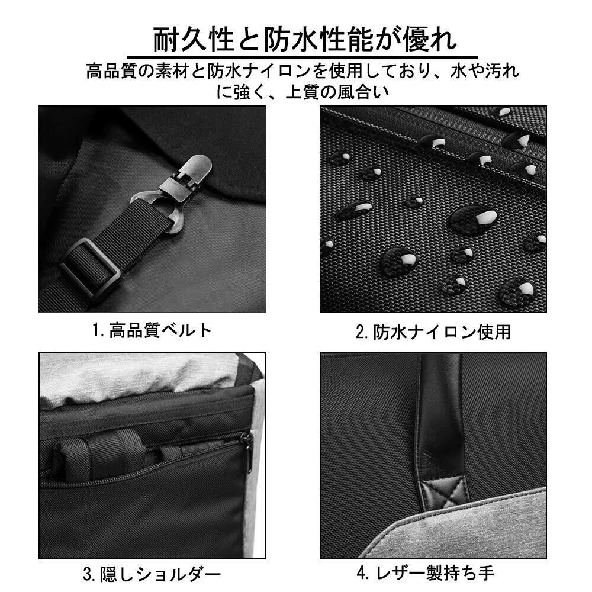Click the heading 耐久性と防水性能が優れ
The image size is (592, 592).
point(305,40)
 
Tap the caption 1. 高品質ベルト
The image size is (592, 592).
point(152,331)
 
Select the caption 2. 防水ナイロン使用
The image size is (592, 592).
point(433,332)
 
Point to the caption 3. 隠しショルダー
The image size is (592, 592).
point(152,575)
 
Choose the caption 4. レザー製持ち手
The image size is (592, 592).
point(426,573)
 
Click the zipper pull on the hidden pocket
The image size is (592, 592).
point(248,452)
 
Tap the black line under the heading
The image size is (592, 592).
point(302,57)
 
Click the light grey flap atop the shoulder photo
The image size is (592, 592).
point(143,372)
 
